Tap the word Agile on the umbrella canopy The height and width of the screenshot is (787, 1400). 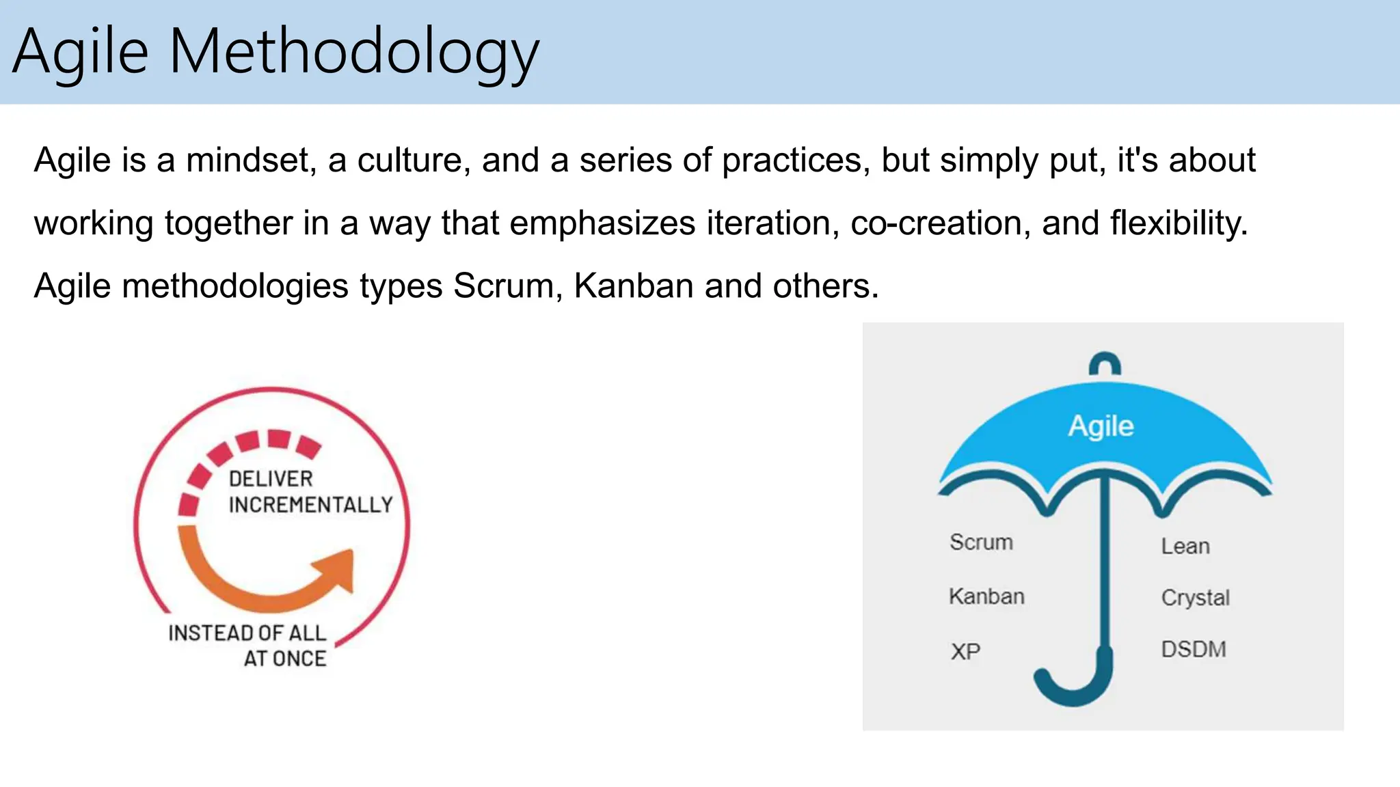(1101, 426)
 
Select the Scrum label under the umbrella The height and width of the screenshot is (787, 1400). (981, 542)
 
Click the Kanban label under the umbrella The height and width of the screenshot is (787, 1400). (986, 596)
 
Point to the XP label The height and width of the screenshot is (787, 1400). (965, 652)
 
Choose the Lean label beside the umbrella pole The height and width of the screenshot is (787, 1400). (1185, 547)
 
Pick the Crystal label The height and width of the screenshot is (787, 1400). (1195, 598)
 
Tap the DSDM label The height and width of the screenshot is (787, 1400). (1194, 649)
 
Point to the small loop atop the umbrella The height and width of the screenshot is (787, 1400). (1105, 364)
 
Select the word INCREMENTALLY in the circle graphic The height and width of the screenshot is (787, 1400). (310, 505)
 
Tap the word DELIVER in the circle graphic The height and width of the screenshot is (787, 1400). (271, 479)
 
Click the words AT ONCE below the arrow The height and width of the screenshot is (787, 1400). (285, 659)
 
